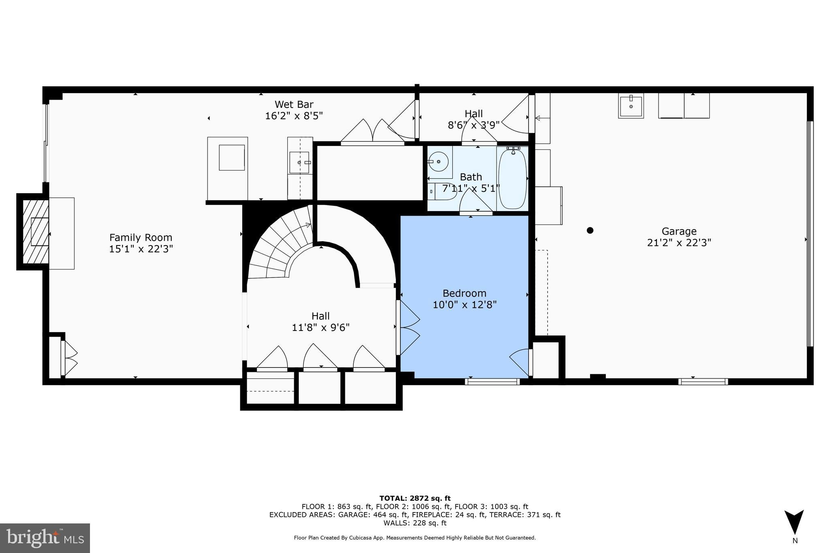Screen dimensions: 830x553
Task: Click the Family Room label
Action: click(x=141, y=237)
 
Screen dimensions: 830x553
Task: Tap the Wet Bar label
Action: click(x=294, y=105)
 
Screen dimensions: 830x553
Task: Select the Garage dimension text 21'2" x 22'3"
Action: click(x=679, y=243)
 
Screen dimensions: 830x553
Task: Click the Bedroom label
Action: click(x=464, y=293)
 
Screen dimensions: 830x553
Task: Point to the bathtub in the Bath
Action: click(x=512, y=178)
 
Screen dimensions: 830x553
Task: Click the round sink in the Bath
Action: click(x=438, y=162)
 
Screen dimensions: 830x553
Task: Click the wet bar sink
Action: click(x=300, y=162)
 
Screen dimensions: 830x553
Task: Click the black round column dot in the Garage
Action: click(x=590, y=231)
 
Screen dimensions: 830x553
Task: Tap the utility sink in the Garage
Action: click(x=631, y=106)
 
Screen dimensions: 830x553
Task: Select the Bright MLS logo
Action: click(x=45, y=538)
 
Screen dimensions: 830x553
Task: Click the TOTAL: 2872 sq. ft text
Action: click(x=415, y=498)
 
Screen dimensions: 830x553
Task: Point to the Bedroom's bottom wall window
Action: click(x=492, y=381)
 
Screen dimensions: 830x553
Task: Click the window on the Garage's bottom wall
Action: click(x=703, y=381)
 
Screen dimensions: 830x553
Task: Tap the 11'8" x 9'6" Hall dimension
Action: click(x=321, y=327)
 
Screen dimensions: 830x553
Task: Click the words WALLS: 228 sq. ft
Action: click(x=415, y=523)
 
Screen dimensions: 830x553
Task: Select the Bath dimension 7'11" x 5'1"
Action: click(x=471, y=188)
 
